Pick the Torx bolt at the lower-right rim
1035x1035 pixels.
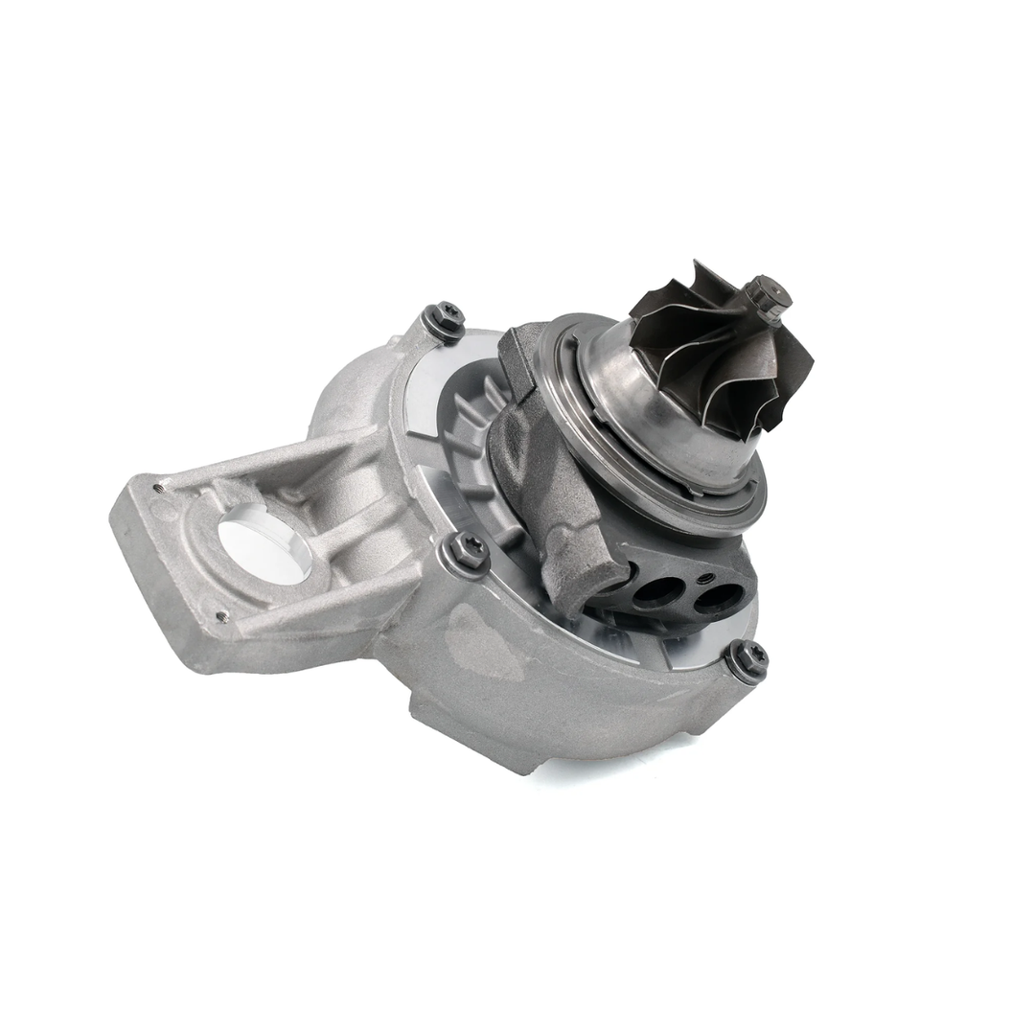pyautogui.click(x=747, y=658)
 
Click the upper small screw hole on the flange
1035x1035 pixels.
pyautogui.click(x=160, y=488)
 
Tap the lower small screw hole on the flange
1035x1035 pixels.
pyautogui.click(x=222, y=616)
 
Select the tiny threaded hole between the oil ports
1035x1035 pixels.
pyautogui.click(x=704, y=579)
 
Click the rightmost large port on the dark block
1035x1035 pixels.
pyautogui.click(x=716, y=598)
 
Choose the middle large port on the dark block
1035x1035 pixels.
pyautogui.click(x=656, y=592)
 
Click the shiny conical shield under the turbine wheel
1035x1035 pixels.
pyautogui.click(x=661, y=422)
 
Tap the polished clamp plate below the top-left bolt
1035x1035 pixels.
pyautogui.click(x=422, y=393)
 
